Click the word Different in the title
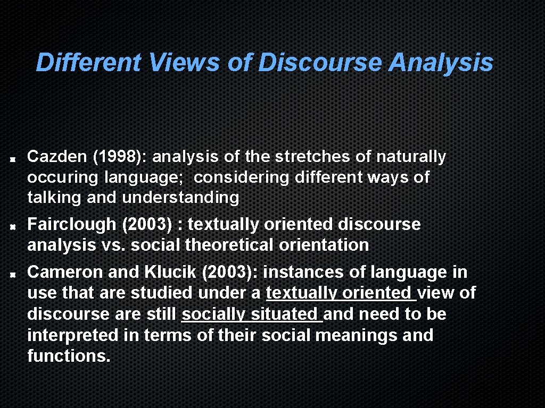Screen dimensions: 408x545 click(88, 63)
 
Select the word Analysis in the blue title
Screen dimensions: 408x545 click(441, 63)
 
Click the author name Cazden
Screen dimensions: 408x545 click(57, 157)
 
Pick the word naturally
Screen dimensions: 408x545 click(411, 157)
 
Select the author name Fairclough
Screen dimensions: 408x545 click(71, 225)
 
